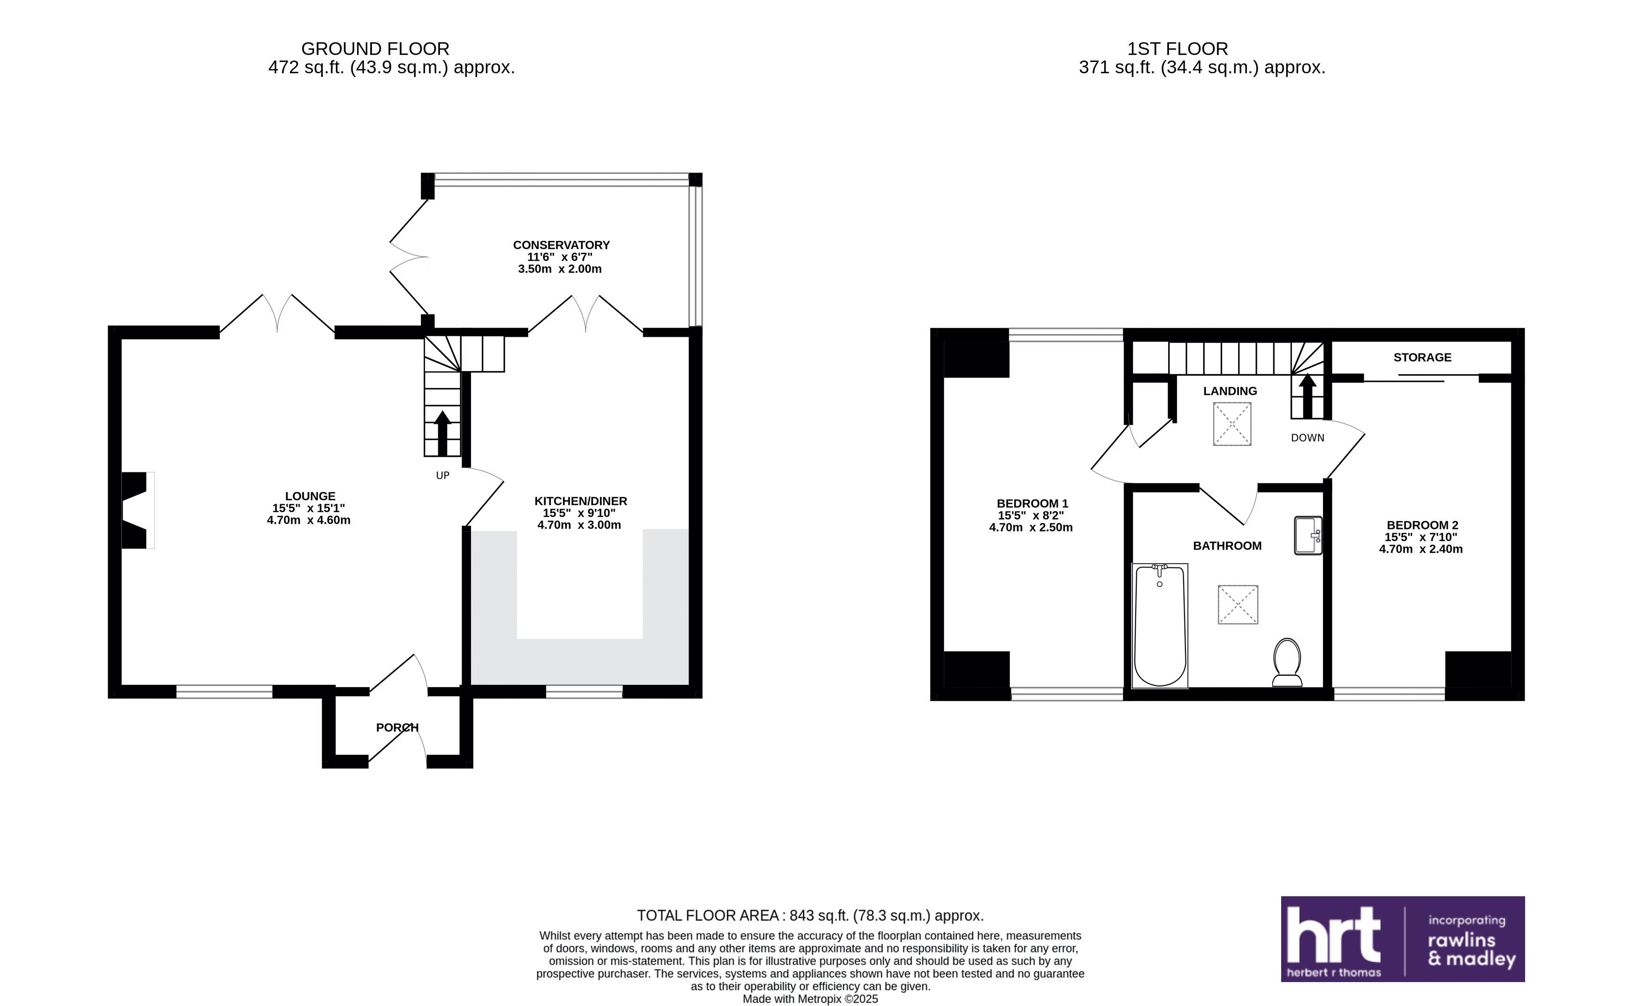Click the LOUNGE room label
coord(310,496)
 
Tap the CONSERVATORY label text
coord(561,245)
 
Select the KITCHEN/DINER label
coord(580,501)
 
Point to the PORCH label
coord(397,727)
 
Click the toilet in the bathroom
coord(1287,662)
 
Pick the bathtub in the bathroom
coord(1160,626)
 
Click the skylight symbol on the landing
coord(1232,424)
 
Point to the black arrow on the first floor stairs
coord(1307,396)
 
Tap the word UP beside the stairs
coord(442,476)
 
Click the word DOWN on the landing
coord(1307,438)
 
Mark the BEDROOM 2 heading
coord(1422,525)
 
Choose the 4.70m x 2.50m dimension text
coord(1031,528)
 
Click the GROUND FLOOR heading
coord(375,49)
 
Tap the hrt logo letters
coord(1334,934)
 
